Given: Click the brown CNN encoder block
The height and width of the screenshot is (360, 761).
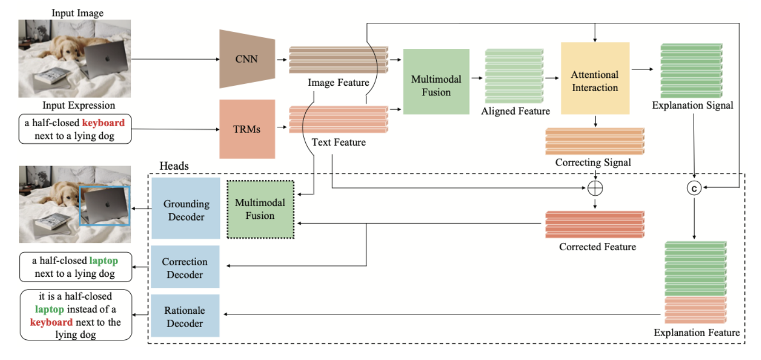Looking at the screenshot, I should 246,59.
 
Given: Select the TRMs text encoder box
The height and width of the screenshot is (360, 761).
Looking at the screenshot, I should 247,129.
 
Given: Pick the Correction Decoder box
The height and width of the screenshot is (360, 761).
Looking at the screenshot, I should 185,268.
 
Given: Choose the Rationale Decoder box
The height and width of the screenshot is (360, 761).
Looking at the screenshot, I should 185,317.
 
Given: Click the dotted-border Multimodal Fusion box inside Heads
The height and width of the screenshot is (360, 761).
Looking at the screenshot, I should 260,209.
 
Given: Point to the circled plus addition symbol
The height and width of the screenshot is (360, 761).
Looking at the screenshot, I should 595,188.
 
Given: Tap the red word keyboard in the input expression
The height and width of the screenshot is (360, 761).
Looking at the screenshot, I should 103,123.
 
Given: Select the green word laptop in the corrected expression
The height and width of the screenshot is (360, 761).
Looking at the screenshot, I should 104,261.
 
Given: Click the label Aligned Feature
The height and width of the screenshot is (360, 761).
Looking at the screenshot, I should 515,111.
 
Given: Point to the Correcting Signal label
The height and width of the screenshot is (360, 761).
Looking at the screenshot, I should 593,163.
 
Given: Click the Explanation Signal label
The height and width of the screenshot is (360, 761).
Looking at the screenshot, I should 693,106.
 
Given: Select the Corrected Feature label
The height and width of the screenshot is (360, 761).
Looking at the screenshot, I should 597,247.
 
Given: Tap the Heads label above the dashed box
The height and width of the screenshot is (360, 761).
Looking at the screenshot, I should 174,166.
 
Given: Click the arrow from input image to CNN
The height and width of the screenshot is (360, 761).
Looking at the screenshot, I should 175,58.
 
